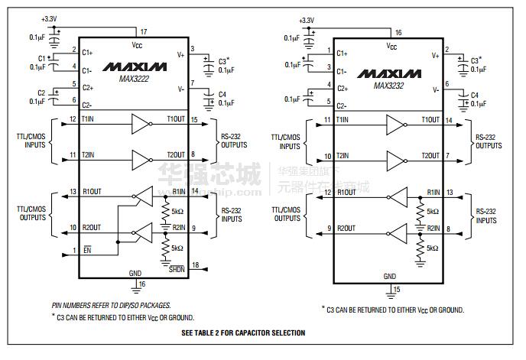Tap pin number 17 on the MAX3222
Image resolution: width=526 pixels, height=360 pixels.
coord(143,31)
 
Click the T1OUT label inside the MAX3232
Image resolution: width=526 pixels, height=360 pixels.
coord(431,121)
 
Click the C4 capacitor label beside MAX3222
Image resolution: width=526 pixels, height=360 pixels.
coord(222,94)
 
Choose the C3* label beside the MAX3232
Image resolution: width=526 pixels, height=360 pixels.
coord(476,60)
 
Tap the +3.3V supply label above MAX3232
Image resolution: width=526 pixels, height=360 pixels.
coord(307,20)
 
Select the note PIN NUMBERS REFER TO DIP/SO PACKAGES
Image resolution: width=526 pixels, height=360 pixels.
coord(111,304)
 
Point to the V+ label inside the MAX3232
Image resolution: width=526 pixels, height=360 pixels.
coord(435,55)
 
